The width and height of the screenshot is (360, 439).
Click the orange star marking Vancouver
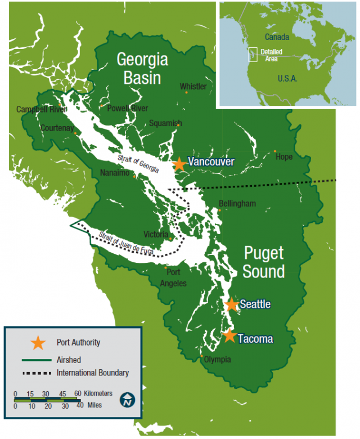[x=179, y=164]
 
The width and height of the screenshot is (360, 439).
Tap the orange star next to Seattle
[x=232, y=304]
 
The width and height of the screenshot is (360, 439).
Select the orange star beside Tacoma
[x=229, y=336]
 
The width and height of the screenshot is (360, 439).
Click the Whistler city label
[x=193, y=87]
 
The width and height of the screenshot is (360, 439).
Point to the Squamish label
[x=165, y=123]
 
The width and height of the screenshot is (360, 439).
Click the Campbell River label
[x=37, y=109]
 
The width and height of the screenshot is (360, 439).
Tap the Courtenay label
[x=57, y=128]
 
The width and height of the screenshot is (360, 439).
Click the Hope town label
[x=284, y=157]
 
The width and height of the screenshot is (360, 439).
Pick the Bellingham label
[x=238, y=203]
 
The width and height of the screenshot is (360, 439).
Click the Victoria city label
[x=156, y=234]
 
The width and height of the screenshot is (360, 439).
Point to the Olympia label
[x=217, y=360]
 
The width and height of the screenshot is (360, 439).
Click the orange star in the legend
[x=38, y=342]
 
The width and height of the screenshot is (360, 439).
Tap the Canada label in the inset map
[x=277, y=37]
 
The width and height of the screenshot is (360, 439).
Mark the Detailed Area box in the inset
[x=253, y=55]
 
